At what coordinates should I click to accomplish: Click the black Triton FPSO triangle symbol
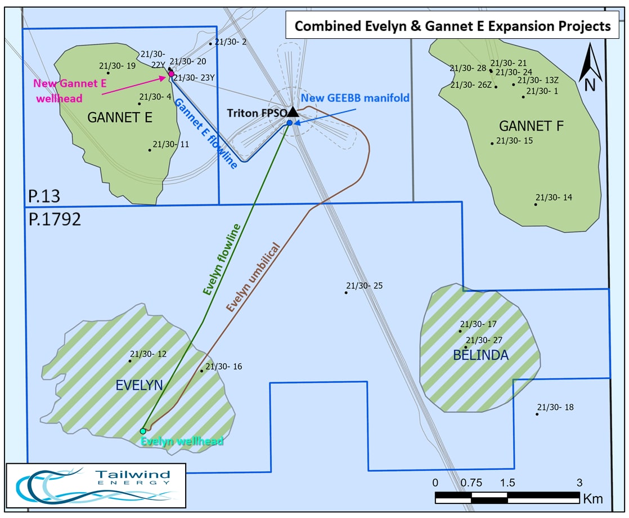pos(293,112)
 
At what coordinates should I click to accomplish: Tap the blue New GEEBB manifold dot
pos(290,123)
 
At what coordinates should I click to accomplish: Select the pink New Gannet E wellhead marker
pos(171,74)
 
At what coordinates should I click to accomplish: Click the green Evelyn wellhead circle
pos(143,431)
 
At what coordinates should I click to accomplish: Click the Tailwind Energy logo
pos(96,485)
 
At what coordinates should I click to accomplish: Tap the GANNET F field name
pos(531,126)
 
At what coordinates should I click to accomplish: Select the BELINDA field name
pos(480,355)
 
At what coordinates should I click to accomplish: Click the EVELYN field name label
pos(139,386)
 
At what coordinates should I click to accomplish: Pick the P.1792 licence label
pos(55,219)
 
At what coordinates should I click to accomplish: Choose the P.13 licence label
pos(44,197)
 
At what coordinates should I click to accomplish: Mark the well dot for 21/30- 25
pos(346,293)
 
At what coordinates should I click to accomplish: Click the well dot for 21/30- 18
pos(537,414)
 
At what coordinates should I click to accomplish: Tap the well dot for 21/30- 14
pos(536,204)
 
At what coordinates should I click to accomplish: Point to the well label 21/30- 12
pos(148,354)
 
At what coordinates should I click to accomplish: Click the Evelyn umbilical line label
pos(253,277)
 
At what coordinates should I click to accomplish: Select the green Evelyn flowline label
pos(222,260)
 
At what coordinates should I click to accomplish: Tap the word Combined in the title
pos(328,26)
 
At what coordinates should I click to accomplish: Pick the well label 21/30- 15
pos(515,141)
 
